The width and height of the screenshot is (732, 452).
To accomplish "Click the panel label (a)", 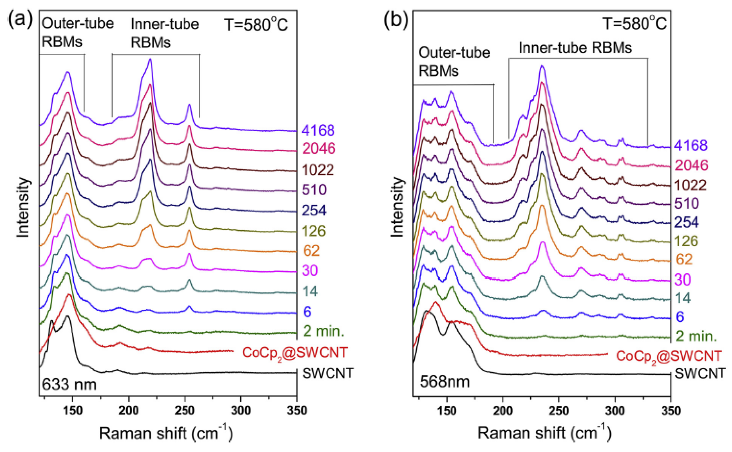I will [20, 20].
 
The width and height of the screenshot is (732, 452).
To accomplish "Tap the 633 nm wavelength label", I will [69, 384].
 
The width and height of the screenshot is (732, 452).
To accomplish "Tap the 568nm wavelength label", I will [445, 382].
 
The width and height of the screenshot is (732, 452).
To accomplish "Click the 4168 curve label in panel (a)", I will [318, 130].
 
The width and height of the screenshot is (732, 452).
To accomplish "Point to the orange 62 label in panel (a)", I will [311, 250].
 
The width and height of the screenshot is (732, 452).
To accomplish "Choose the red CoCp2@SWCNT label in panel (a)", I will [295, 353].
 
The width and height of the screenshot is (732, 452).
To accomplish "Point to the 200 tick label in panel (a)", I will [129, 410].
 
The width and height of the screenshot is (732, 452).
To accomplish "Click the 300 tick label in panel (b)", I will [615, 410].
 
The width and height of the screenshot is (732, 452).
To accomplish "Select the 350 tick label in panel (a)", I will [297, 410].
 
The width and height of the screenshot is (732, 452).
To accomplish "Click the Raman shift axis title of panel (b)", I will [544, 433].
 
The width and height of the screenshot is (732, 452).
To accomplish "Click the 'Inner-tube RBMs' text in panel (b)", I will [575, 48].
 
